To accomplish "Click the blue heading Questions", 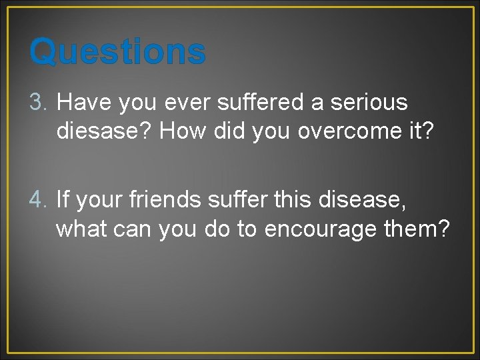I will tap(117, 51).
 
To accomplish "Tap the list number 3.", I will tap(39, 103).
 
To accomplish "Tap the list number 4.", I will tap(39, 199).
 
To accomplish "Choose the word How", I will tap(183, 132).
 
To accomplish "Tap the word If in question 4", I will tap(64, 199).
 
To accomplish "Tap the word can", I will tap(134, 228).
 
